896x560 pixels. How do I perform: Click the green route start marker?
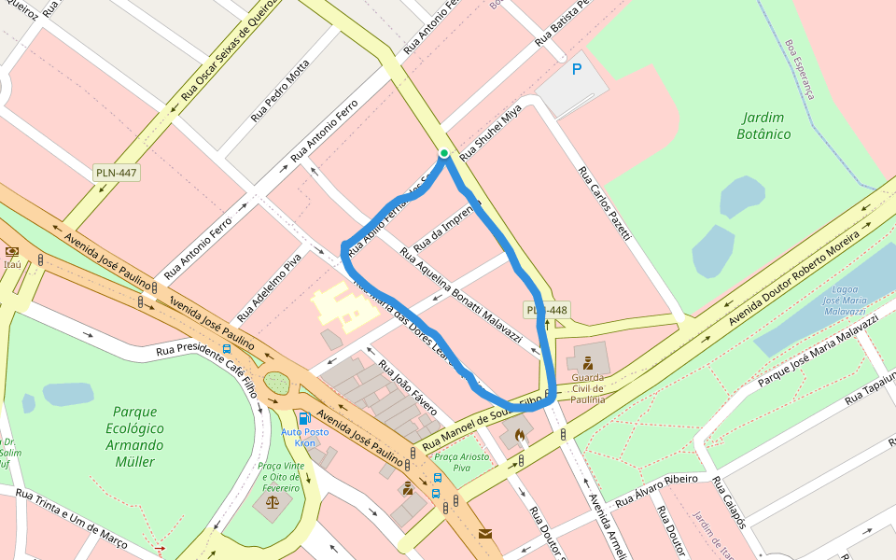click(x=444, y=153)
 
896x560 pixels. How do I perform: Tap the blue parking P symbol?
click(x=577, y=68)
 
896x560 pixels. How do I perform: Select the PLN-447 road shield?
click(x=117, y=173)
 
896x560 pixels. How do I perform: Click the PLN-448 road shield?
click(x=547, y=310)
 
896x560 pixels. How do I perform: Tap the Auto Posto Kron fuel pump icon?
click(x=304, y=418)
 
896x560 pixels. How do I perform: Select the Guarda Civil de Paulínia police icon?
click(x=587, y=363)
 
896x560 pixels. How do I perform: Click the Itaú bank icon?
click(x=12, y=251)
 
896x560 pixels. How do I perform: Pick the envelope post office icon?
click(x=485, y=534)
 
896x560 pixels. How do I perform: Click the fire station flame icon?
click(x=520, y=434)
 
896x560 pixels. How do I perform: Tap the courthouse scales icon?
click(x=272, y=501)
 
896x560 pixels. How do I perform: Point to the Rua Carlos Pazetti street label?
click(x=605, y=204)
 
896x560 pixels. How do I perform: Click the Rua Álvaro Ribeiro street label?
click(x=655, y=493)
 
